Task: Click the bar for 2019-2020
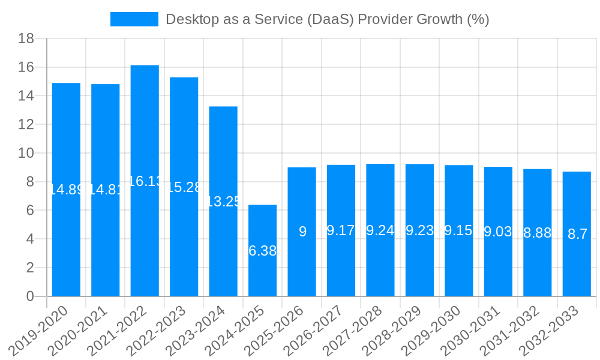click(x=66, y=240)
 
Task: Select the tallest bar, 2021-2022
click(x=145, y=240)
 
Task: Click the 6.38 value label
click(x=262, y=251)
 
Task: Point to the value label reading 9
click(x=302, y=232)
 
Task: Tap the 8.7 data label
click(x=577, y=234)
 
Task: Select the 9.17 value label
click(x=341, y=230)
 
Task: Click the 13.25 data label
click(x=223, y=202)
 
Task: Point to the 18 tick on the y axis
click(x=26, y=39)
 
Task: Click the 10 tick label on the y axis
click(x=26, y=153)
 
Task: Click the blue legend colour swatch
click(x=134, y=19)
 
